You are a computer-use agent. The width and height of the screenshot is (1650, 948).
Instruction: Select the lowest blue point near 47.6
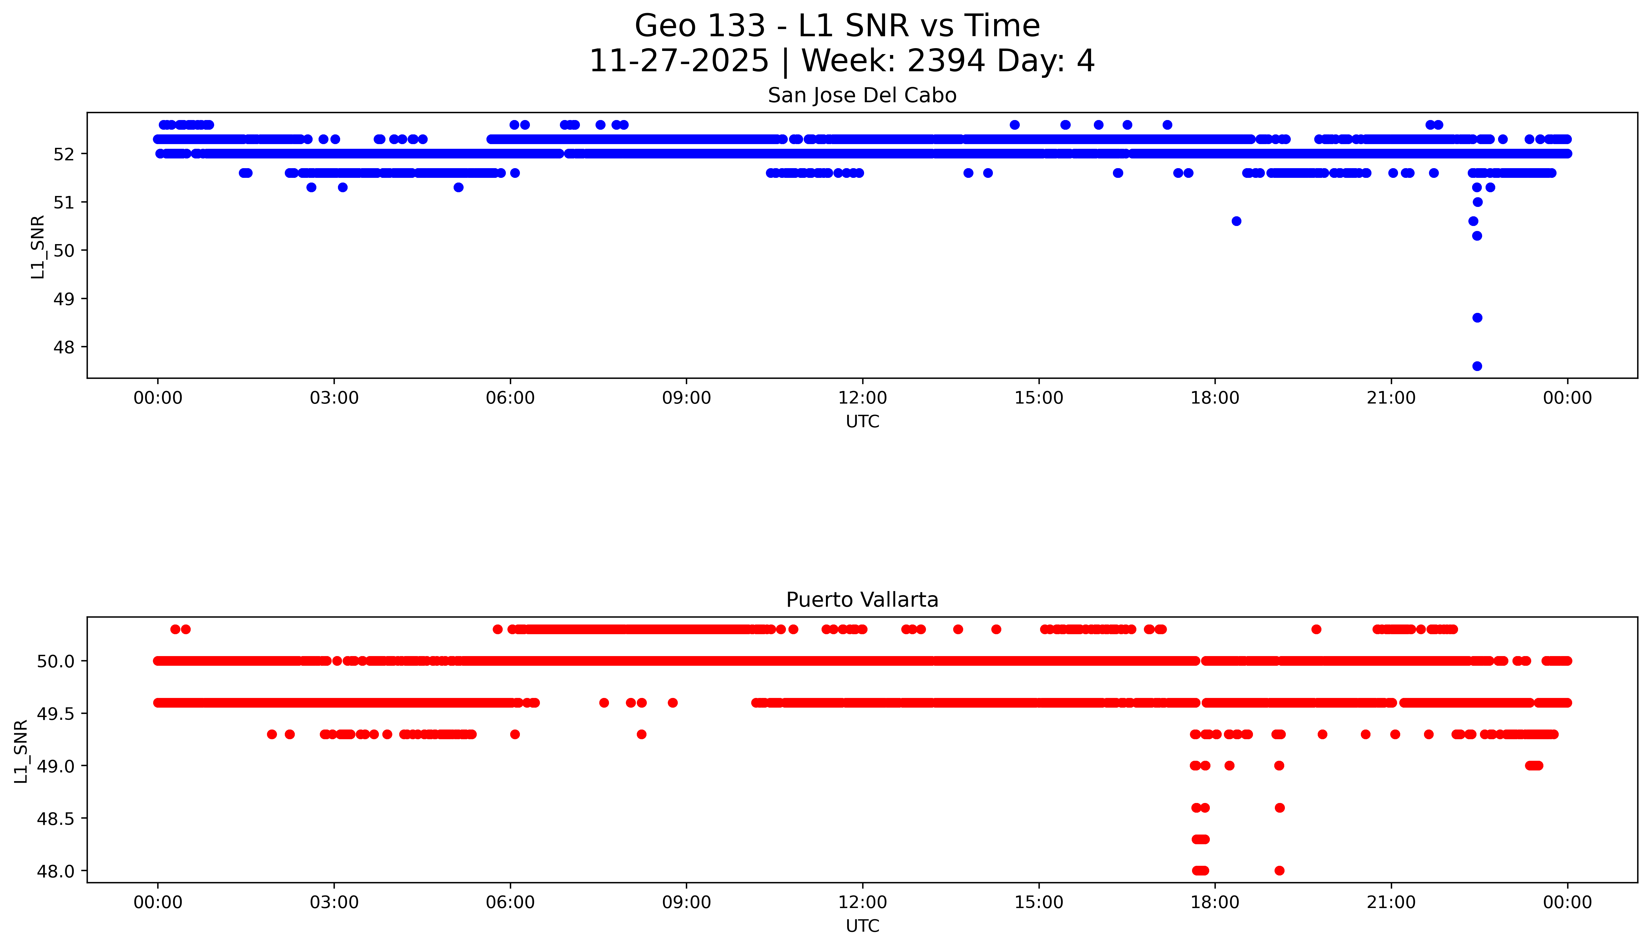pos(1477,366)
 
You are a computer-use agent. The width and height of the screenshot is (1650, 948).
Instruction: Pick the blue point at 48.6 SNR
pos(1477,318)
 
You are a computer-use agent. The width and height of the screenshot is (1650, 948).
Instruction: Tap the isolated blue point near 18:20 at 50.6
pos(1236,221)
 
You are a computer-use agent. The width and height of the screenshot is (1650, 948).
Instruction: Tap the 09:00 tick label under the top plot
pos(686,398)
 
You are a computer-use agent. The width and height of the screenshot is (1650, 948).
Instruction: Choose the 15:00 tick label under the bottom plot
pos(1039,902)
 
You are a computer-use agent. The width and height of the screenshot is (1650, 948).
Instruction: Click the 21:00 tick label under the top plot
pos(1391,398)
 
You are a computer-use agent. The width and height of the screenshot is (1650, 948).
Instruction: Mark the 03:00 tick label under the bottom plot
pos(334,902)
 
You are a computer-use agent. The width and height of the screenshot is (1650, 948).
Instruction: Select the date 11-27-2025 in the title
pos(678,61)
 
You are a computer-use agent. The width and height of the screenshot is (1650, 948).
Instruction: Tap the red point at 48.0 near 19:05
pos(1279,870)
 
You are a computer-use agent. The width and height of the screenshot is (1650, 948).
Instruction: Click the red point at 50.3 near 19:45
pos(1316,629)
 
